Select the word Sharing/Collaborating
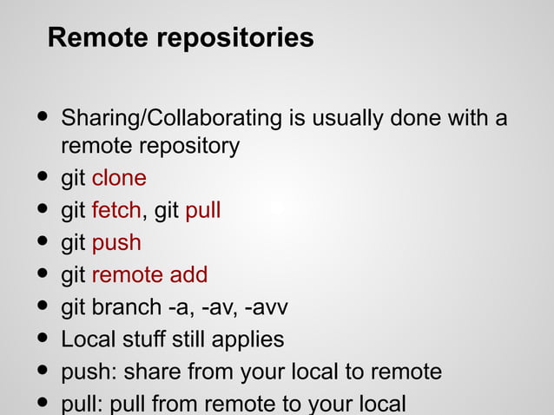(x=169, y=118)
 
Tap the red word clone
(x=119, y=179)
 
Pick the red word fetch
(x=115, y=211)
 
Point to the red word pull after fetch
(x=202, y=211)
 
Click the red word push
(x=116, y=244)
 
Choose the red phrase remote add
(x=149, y=275)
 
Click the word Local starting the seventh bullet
(x=84, y=339)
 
